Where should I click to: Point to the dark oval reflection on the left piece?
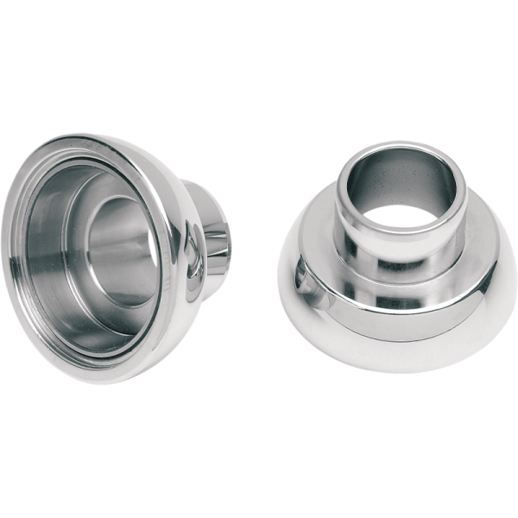click(x=196, y=260)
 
